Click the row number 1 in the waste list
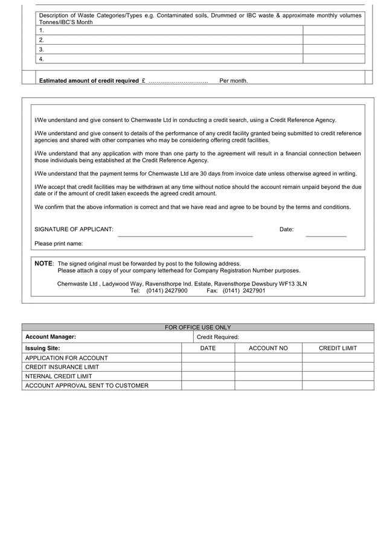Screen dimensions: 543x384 pyautogui.click(x=41, y=30)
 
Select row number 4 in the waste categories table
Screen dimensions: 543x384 pyautogui.click(x=41, y=59)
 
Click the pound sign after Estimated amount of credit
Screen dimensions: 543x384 pyautogui.click(x=144, y=81)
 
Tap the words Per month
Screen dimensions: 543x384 pyautogui.click(x=234, y=81)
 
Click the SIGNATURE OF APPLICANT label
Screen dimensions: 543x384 pyautogui.click(x=74, y=229)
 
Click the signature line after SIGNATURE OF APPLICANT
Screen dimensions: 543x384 pyautogui.click(x=185, y=235)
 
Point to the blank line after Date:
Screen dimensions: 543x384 pyautogui.click(x=326, y=235)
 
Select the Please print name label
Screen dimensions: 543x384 pyautogui.click(x=59, y=244)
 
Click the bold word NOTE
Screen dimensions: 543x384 pyautogui.click(x=43, y=264)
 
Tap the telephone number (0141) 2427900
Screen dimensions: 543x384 pyautogui.click(x=167, y=291)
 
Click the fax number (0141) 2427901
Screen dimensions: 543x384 pyautogui.click(x=244, y=291)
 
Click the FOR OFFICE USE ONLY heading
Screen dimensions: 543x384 pyautogui.click(x=198, y=328)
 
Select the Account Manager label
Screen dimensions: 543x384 pyautogui.click(x=51, y=337)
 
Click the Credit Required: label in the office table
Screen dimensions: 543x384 pyautogui.click(x=218, y=337)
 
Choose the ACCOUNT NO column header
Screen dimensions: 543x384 pyautogui.click(x=268, y=348)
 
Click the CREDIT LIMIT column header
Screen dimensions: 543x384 pyautogui.click(x=338, y=348)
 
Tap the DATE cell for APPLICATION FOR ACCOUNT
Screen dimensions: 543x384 pyautogui.click(x=208, y=358)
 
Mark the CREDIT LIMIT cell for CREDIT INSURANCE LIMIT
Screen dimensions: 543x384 pyautogui.click(x=338, y=367)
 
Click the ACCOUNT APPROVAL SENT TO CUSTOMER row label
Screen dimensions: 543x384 pyautogui.click(x=86, y=386)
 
